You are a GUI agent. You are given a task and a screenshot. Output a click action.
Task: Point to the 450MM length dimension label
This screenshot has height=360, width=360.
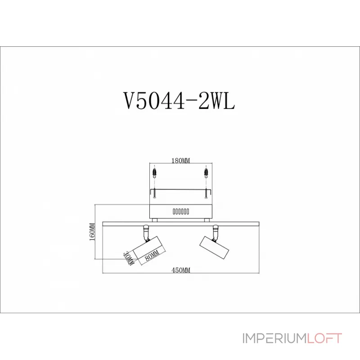(181, 270)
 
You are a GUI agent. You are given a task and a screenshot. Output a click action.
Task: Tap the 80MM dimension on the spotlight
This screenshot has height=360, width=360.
(153, 255)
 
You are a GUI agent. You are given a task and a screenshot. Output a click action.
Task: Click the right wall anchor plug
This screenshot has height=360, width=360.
(206, 172)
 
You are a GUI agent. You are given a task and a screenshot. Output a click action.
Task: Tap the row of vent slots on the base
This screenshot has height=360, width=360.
(180, 211)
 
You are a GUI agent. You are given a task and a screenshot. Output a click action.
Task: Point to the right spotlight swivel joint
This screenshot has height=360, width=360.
(216, 231)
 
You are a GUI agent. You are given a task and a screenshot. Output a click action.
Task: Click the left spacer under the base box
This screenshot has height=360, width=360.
(154, 220)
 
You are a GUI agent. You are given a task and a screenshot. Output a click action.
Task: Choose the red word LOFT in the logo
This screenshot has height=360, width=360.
(324, 338)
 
